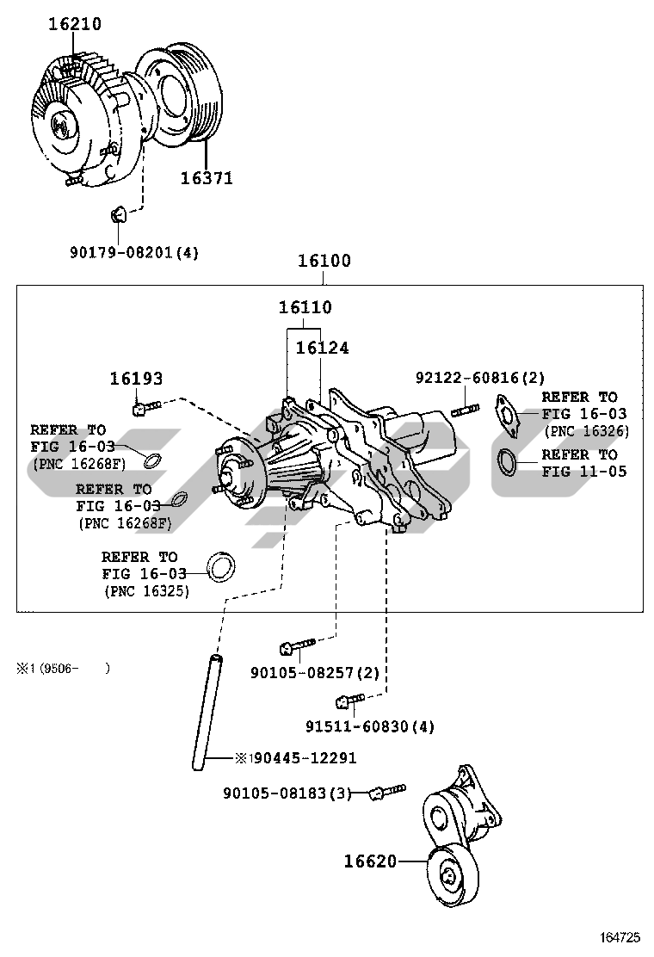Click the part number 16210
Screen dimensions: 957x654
(x=74, y=26)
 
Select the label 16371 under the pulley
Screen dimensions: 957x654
(x=207, y=178)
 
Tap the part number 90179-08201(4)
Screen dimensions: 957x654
(x=133, y=252)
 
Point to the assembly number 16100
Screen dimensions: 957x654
(x=324, y=261)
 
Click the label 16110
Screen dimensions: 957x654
(x=305, y=307)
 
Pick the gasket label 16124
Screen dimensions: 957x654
(x=322, y=348)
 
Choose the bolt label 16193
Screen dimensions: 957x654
(x=136, y=378)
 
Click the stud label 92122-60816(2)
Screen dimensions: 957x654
(x=479, y=378)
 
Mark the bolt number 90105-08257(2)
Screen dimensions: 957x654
(x=314, y=672)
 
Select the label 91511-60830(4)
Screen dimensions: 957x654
(x=370, y=726)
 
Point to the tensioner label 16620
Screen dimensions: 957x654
(x=371, y=860)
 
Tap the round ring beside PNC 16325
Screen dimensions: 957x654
(x=223, y=566)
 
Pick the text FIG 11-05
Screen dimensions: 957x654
(x=584, y=471)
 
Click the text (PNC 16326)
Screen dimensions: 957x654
(x=586, y=431)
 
